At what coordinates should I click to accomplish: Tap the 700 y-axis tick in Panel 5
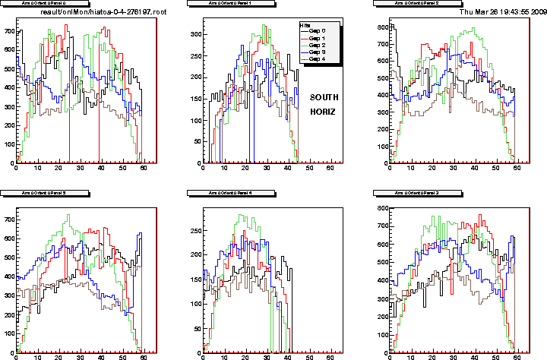point(9,220)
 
